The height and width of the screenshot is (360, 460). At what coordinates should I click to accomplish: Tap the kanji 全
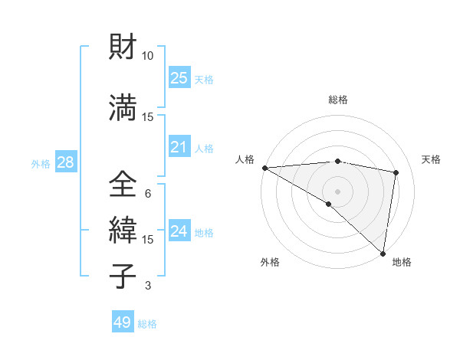[122, 185]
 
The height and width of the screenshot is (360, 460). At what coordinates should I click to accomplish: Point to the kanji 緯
[122, 230]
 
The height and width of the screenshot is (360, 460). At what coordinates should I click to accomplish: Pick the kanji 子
[122, 276]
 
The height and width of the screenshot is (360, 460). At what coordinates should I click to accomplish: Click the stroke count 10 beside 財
[148, 56]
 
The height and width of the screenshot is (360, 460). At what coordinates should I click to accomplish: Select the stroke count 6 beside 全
[148, 193]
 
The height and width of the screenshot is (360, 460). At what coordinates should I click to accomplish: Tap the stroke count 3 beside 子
[148, 286]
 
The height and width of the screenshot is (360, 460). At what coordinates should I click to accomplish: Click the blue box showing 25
[179, 78]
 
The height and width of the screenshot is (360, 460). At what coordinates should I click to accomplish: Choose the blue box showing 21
[179, 147]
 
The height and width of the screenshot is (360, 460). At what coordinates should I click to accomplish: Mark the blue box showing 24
[179, 231]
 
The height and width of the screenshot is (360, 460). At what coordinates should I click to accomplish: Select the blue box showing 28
[64, 162]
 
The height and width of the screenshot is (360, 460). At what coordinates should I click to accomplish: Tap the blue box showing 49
[123, 322]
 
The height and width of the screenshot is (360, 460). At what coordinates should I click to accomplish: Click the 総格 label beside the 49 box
[147, 324]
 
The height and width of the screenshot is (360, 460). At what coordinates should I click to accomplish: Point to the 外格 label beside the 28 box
[41, 164]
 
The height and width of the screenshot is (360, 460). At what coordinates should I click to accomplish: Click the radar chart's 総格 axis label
[337, 100]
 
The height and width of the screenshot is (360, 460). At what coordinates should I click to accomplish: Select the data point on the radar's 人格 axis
[264, 168]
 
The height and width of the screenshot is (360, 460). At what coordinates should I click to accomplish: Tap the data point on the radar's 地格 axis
[383, 252]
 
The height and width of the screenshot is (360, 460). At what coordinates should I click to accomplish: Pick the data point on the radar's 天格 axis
[396, 172]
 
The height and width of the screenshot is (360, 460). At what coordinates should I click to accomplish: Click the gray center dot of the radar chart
[337, 190]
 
